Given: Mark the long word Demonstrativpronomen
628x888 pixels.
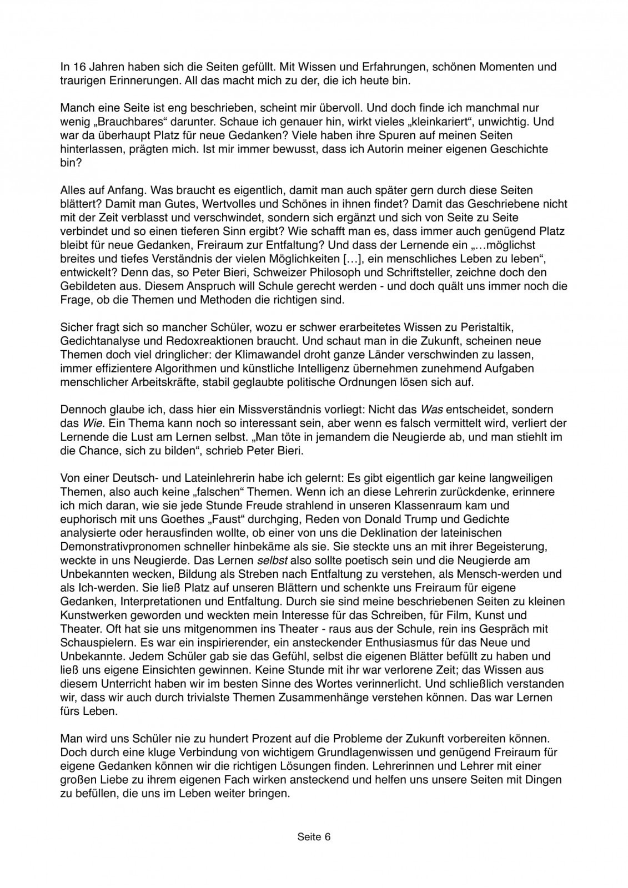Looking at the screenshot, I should click(113, 546).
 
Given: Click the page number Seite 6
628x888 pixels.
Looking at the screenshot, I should click(314, 836).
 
